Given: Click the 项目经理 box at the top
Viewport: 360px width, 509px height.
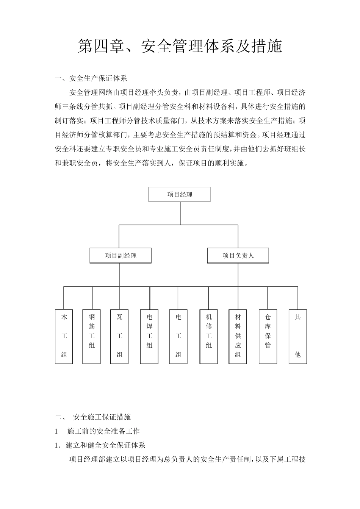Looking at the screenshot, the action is tap(179, 195).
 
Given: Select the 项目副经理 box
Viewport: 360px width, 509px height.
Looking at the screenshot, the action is tap(121, 256).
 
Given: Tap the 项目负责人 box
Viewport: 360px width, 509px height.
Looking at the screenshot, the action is tap(238, 256).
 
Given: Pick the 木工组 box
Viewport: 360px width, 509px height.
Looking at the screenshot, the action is tap(64, 337).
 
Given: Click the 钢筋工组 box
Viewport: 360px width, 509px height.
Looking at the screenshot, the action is tap(92, 337).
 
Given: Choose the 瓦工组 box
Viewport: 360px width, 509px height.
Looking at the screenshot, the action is tap(120, 337).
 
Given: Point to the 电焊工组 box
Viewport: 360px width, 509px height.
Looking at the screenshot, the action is tap(149, 337).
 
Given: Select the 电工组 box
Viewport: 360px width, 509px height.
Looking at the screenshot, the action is tap(178, 337).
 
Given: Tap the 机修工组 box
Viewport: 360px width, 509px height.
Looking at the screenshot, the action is tap(209, 337).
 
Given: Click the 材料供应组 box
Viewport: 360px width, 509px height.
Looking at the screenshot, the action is tap(238, 337).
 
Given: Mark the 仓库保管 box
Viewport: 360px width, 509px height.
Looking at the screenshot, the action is tap(268, 337).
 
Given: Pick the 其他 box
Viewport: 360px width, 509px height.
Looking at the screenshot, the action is tap(298, 337).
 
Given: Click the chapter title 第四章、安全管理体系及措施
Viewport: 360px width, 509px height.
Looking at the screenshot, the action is tap(180, 46).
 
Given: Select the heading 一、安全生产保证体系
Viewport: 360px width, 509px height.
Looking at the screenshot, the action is tap(91, 78).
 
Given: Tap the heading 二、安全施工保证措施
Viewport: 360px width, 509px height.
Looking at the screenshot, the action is tap(93, 417).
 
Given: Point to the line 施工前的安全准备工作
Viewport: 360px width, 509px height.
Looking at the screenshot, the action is tap(103, 431).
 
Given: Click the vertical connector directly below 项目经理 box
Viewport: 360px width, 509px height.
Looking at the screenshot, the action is tap(180, 213).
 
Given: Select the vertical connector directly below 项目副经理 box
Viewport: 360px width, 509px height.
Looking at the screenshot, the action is tap(120, 275).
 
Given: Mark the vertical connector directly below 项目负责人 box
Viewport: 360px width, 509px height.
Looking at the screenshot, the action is tap(238, 275).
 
